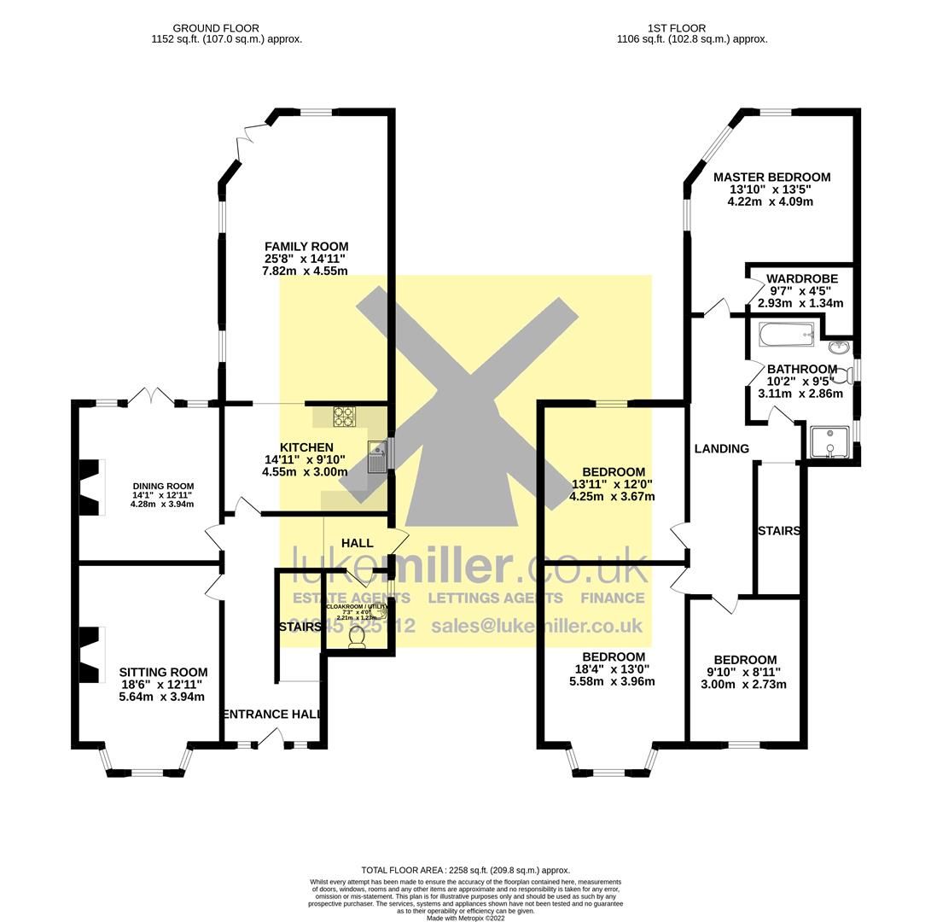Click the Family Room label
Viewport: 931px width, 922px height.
[305, 246]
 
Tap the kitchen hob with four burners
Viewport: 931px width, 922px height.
[344, 416]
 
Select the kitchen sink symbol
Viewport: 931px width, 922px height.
[377, 456]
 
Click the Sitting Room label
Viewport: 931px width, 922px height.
[162, 672]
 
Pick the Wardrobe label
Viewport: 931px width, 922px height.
[801, 278]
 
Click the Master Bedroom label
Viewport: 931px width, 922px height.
[771, 178]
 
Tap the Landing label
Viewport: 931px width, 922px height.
[721, 448]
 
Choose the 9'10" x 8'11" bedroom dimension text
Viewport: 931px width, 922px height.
[743, 672]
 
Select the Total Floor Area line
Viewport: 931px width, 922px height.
[465, 870]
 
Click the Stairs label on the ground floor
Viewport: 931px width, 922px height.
[300, 627]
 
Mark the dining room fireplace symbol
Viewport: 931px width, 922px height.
[90, 487]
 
